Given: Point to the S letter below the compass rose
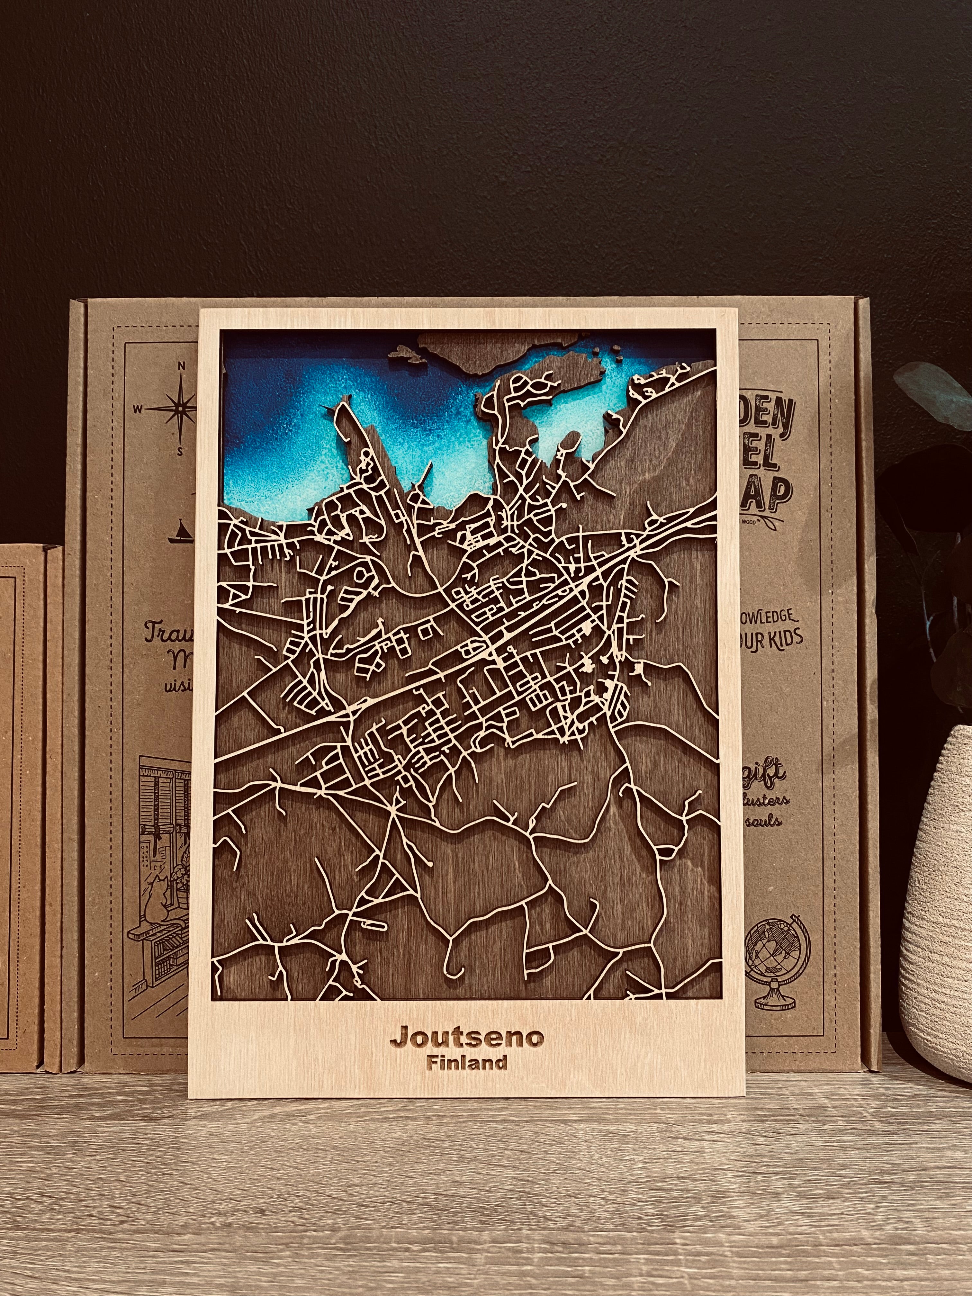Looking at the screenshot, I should (x=180, y=452).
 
